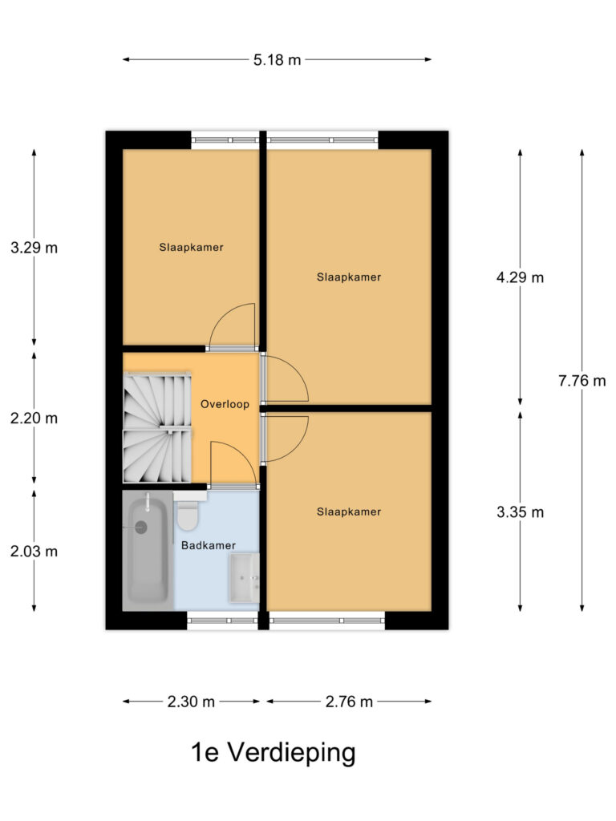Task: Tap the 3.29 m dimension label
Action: pyautogui.click(x=34, y=248)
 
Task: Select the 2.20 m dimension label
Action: pyautogui.click(x=34, y=418)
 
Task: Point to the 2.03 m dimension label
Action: pyautogui.click(x=34, y=552)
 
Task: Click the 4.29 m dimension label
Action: pyautogui.click(x=520, y=278)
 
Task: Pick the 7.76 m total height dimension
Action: pyautogui.click(x=582, y=381)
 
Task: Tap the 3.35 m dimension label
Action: pyautogui.click(x=520, y=512)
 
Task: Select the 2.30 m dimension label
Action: pyautogui.click(x=191, y=702)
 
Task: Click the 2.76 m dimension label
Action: pyautogui.click(x=349, y=702)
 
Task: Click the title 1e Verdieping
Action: pyautogui.click(x=273, y=753)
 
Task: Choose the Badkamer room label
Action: pyautogui.click(x=209, y=545)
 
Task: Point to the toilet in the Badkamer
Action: pyautogui.click(x=188, y=518)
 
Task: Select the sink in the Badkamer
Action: pyautogui.click(x=244, y=578)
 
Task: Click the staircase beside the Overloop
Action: pyautogui.click(x=157, y=429)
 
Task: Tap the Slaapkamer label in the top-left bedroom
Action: pyautogui.click(x=191, y=248)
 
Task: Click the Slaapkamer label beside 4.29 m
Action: pyautogui.click(x=348, y=277)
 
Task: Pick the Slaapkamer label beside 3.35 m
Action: pyautogui.click(x=348, y=512)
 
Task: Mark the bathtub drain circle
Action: pyautogui.click(x=142, y=527)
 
